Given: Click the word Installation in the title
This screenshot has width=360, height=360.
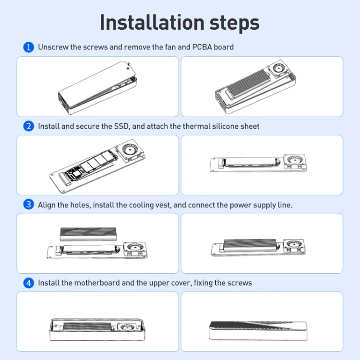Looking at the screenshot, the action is click(x=152, y=23).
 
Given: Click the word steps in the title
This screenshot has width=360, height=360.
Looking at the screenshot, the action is click(x=234, y=24).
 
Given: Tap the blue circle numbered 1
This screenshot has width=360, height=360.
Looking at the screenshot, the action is click(x=29, y=47).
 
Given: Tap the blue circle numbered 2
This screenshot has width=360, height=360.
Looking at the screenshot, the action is click(x=29, y=126).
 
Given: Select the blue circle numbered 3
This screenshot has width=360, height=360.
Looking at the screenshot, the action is click(x=29, y=204).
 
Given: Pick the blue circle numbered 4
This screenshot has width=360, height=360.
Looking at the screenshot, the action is click(x=29, y=283).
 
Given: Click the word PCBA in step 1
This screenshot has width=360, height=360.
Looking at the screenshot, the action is click(x=202, y=47).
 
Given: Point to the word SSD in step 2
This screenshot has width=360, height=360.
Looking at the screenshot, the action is click(x=122, y=126).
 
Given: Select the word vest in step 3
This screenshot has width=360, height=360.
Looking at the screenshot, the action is click(x=163, y=205).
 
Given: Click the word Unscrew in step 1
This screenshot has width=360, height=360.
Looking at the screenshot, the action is click(x=53, y=47).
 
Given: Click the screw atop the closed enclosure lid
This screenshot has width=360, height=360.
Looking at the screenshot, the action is click(x=128, y=63).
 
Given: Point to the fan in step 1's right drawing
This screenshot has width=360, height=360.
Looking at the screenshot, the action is click(x=279, y=68).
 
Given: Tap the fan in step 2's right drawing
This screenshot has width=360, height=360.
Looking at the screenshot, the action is click(x=295, y=162).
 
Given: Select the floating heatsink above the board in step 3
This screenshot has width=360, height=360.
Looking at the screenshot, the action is click(x=88, y=234).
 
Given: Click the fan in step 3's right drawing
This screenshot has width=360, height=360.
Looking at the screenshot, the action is click(x=294, y=247).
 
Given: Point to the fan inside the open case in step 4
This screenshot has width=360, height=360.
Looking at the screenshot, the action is click(x=127, y=327).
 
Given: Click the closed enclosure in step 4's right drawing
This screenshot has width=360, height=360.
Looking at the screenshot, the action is click(x=258, y=331).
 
